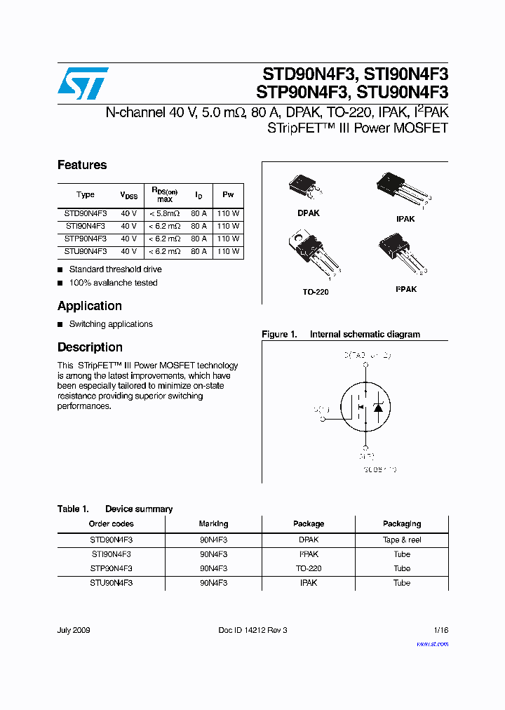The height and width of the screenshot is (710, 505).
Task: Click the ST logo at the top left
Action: click(83, 83)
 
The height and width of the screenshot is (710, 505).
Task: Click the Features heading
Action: click(82, 165)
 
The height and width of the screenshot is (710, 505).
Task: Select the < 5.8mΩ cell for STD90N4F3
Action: click(164, 213)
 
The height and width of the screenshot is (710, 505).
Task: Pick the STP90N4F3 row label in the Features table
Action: click(86, 239)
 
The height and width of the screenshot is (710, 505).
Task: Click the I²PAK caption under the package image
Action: click(405, 289)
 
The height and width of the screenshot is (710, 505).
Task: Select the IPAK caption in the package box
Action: click(405, 219)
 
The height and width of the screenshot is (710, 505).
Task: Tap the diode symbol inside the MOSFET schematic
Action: click(378, 408)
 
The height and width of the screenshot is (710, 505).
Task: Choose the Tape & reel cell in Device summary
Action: click(402, 540)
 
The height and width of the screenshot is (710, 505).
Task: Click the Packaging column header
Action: click(402, 524)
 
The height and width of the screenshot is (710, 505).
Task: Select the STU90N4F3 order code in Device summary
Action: click(111, 583)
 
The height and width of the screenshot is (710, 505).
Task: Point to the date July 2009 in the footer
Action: click(74, 631)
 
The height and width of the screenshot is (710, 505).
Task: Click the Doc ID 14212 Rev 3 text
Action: click(252, 631)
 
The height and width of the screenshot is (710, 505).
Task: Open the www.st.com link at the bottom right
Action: click(432, 643)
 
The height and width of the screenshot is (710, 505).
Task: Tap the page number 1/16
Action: click(439, 631)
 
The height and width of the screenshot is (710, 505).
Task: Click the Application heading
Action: click(90, 306)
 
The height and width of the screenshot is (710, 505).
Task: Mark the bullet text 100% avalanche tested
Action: click(113, 283)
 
